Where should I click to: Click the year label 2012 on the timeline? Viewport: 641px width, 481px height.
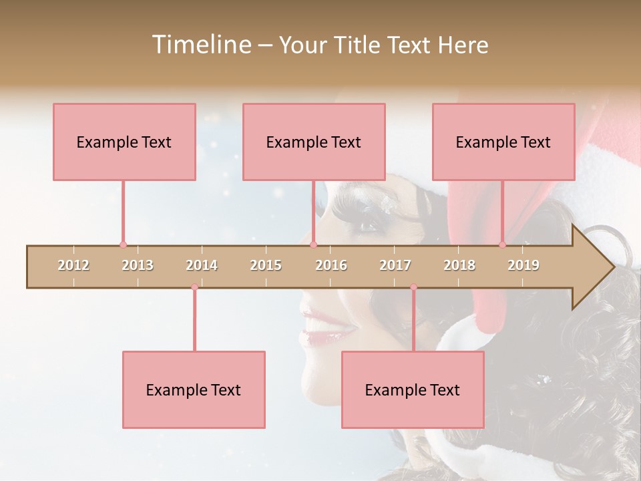pyautogui.click(x=73, y=266)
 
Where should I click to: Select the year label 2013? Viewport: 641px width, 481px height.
pyautogui.click(x=138, y=266)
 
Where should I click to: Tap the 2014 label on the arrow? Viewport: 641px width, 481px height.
pyautogui.click(x=202, y=266)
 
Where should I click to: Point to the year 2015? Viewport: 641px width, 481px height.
pyautogui.click(x=266, y=266)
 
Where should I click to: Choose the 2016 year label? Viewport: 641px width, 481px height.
pyautogui.click(x=331, y=266)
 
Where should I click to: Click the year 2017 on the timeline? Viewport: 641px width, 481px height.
pyautogui.click(x=395, y=266)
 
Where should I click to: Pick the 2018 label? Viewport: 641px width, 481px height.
pyautogui.click(x=459, y=266)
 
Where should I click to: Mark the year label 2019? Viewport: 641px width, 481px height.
pyautogui.click(x=523, y=266)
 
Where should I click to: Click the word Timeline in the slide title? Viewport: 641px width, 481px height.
pyautogui.click(x=200, y=45)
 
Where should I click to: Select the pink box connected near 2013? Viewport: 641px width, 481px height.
pyautogui.click(x=124, y=142)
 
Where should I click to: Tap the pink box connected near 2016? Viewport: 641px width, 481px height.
pyautogui.click(x=314, y=142)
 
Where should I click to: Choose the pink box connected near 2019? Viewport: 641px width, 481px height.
pyautogui.click(x=503, y=142)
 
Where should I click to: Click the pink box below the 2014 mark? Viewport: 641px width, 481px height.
pyautogui.click(x=194, y=389)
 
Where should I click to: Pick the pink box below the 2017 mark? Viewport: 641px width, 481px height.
pyautogui.click(x=413, y=389)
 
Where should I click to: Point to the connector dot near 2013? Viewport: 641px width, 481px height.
pyautogui.click(x=123, y=245)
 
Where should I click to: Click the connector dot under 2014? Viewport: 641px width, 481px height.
pyautogui.click(x=194, y=287)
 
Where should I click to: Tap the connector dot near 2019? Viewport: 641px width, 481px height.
pyautogui.click(x=502, y=245)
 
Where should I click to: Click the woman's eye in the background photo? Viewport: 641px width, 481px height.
pyautogui.click(x=369, y=226)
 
